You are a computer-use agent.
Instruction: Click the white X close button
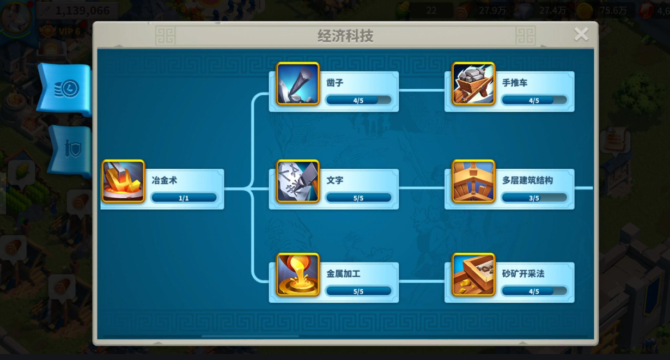click(581, 34)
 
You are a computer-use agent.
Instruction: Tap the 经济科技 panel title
click(345, 36)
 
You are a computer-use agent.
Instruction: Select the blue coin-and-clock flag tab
click(65, 89)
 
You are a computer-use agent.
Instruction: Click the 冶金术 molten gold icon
click(123, 181)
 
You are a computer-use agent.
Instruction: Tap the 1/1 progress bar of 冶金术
click(184, 198)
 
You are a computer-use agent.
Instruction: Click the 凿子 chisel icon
click(297, 84)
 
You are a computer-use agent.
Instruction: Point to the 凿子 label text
click(334, 83)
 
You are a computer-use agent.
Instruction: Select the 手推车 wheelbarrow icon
click(473, 84)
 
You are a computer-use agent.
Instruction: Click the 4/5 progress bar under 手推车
click(534, 100)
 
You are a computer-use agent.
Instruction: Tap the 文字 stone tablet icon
click(297, 181)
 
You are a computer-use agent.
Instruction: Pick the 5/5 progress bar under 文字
click(358, 198)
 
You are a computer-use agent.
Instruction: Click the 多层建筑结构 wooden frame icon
click(473, 181)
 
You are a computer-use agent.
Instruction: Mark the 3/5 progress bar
click(534, 198)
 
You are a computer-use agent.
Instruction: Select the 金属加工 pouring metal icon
click(297, 274)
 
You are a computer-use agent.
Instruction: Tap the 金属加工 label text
click(343, 273)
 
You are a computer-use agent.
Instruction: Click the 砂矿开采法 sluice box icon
click(473, 274)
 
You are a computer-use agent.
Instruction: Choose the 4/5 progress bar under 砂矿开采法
click(534, 291)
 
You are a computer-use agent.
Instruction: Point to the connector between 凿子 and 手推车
click(422, 90)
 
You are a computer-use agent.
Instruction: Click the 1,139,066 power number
click(82, 11)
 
